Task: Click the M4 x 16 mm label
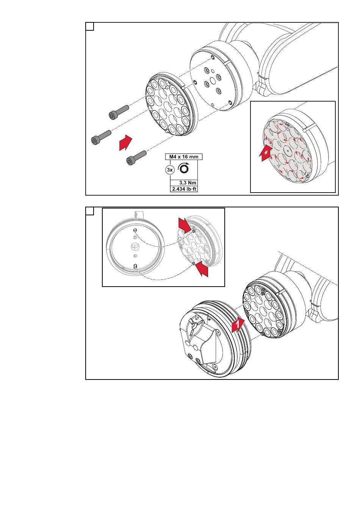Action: (183, 157)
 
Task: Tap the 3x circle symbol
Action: (170, 170)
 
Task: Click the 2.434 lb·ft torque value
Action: (184, 189)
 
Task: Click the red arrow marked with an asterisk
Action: (265, 153)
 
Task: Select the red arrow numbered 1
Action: (238, 325)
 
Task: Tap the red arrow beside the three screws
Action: (125, 142)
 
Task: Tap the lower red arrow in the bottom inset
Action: (202, 268)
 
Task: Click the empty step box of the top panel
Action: (90, 27)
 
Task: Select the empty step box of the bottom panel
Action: (90, 211)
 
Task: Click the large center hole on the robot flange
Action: (212, 81)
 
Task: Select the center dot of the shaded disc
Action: (287, 151)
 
